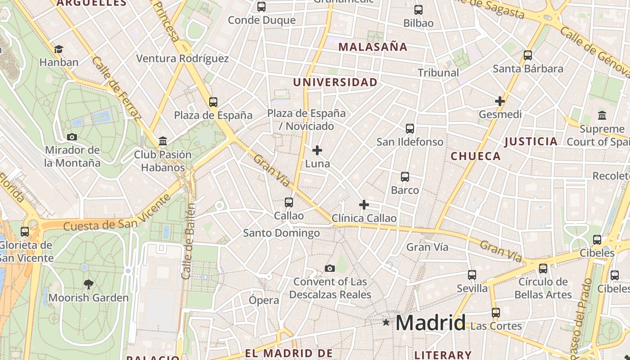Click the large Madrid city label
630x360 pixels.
tap(430, 323)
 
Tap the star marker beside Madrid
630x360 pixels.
tap(386, 322)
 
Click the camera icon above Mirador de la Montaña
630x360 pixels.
tap(72, 137)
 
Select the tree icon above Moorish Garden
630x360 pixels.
tap(89, 284)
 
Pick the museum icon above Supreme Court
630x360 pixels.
tap(602, 116)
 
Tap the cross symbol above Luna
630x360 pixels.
tap(317, 150)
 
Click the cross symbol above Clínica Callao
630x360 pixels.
tap(364, 205)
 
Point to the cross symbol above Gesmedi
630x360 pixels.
tap(499, 101)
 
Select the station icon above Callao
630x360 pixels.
tap(289, 202)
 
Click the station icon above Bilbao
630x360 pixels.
tap(418, 9)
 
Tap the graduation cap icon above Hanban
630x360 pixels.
tap(58, 49)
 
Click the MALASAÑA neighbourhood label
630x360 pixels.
tap(373, 47)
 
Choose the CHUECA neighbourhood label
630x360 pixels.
tap(476, 156)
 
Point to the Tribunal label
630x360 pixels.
tap(438, 72)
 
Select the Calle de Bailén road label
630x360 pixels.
tap(189, 241)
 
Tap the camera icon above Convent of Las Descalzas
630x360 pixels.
tap(330, 269)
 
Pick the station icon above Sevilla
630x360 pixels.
tap(472, 274)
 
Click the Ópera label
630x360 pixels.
tap(264, 300)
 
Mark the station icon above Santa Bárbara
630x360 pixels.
tap(528, 55)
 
